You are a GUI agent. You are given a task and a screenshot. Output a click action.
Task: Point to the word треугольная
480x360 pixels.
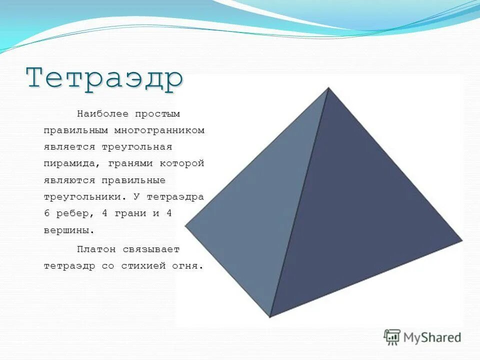pos(137,147)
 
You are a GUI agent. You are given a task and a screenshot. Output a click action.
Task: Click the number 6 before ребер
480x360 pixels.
pos(47,213)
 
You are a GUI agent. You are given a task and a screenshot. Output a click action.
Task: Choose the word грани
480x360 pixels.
pos(129,213)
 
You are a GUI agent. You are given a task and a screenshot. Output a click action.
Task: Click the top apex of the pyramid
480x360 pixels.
pos(328,88)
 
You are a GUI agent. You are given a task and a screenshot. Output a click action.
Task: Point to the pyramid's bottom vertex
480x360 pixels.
pos(270,316)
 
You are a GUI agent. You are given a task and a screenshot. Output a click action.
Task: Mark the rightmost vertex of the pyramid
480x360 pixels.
pos(462,240)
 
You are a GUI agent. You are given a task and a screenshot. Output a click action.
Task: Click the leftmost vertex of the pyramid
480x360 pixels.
pos(185,226)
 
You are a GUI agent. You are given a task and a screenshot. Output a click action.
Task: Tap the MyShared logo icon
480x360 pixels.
pos(392,337)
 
